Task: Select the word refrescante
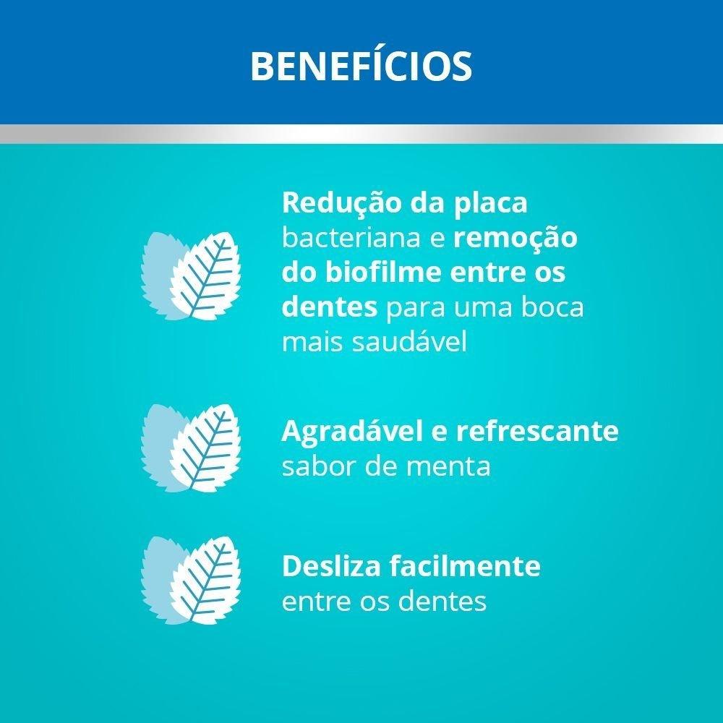coord(537,432)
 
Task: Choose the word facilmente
coord(469,566)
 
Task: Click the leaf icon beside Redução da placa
coord(191,275)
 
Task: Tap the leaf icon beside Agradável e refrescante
coord(191,449)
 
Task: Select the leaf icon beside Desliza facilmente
coord(191,581)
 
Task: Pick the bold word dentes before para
coord(330,308)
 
